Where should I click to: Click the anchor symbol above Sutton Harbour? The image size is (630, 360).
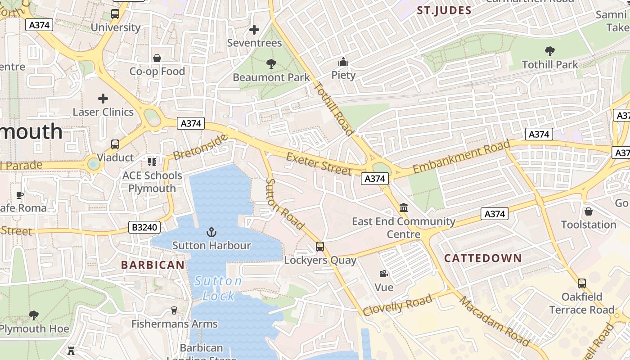pyautogui.click(x=211, y=232)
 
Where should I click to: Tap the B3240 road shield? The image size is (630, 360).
pyautogui.click(x=144, y=227)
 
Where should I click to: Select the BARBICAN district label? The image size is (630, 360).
pyautogui.click(x=153, y=265)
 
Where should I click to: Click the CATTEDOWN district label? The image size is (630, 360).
pyautogui.click(x=483, y=258)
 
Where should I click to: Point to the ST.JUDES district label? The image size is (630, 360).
pyautogui.click(x=444, y=11)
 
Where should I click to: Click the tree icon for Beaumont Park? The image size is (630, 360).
pyautogui.click(x=271, y=64)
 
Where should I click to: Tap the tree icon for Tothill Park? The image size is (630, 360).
pyautogui.click(x=549, y=51)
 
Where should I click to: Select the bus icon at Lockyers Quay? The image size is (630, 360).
pyautogui.click(x=320, y=247)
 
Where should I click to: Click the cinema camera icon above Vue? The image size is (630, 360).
pyautogui.click(x=383, y=274)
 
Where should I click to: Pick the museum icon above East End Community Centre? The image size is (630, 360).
pyautogui.click(x=404, y=208)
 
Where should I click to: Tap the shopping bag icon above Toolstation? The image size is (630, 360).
pyautogui.click(x=588, y=211)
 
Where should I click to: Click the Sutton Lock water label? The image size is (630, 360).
pyautogui.click(x=218, y=288)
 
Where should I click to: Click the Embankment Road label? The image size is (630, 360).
pyautogui.click(x=462, y=157)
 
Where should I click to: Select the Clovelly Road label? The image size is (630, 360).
pyautogui.click(x=398, y=305)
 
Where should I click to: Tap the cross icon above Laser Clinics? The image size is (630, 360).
pyautogui.click(x=103, y=98)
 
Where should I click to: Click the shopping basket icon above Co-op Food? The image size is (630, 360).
pyautogui.click(x=157, y=58)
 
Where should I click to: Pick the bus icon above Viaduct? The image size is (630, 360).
pyautogui.click(x=115, y=144)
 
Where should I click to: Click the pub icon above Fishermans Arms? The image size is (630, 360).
pyautogui.click(x=174, y=310)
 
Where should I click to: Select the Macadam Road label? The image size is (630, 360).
pyautogui.click(x=495, y=321)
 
